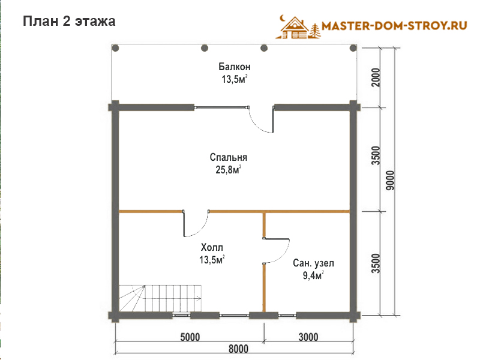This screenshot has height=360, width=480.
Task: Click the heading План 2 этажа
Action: (69, 22)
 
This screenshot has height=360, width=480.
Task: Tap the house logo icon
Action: (298, 27)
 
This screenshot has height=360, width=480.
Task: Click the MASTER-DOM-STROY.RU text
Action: (394, 26)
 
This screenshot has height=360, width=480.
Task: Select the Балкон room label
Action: (235, 67)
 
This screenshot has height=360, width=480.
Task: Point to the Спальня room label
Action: (229, 157)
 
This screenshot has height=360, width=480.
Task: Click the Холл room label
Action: (212, 247)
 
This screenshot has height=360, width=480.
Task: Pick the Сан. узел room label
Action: (313, 263)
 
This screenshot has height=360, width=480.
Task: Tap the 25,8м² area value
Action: (229, 170)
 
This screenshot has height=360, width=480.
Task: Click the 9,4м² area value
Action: (313, 275)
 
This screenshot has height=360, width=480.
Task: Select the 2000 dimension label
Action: (376, 77)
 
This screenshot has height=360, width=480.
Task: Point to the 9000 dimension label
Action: (391, 181)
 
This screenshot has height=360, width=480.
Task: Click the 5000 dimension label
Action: (190, 337)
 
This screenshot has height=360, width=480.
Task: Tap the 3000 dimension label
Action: (308, 337)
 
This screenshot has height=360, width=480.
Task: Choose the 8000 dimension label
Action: (238, 349)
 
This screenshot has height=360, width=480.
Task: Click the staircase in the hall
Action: (160, 298)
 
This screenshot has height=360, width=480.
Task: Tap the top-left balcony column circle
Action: (115, 48)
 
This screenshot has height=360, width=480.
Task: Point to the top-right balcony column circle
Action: (353, 48)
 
